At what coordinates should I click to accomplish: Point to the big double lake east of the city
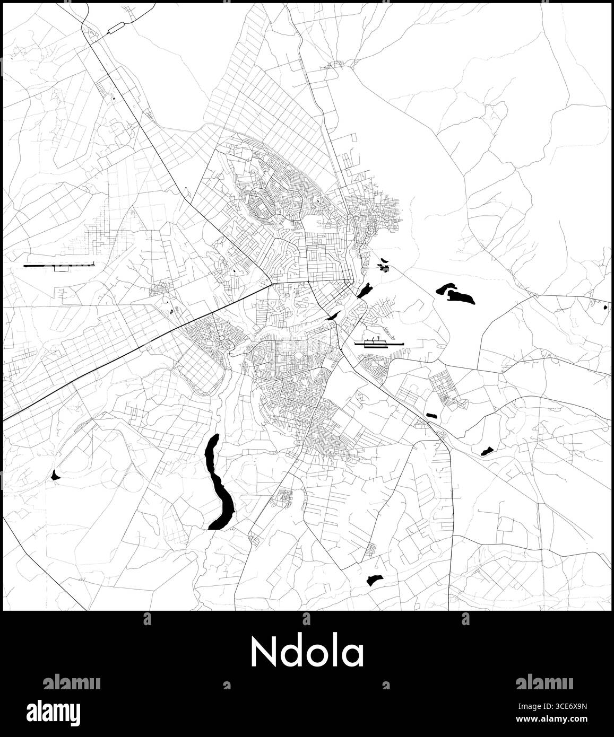tap(454, 294)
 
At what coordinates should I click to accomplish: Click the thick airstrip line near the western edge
tap(59, 265)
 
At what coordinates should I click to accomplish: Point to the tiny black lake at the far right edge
tap(607, 306)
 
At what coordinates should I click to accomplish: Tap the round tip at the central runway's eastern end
tap(404, 345)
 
